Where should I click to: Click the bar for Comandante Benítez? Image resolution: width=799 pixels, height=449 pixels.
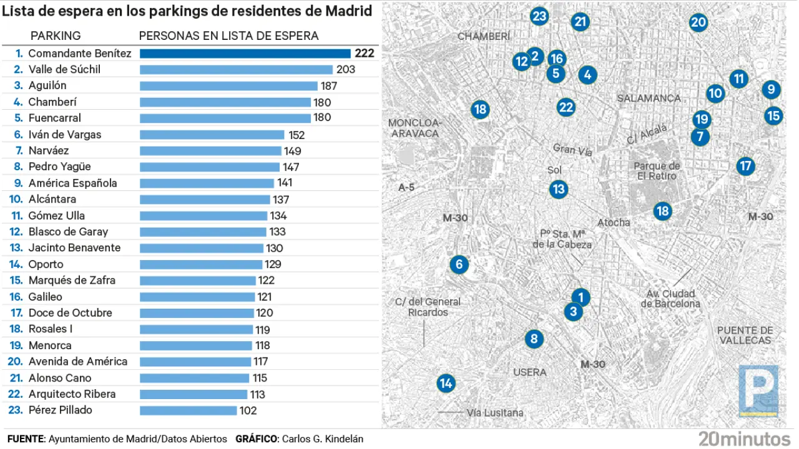[245, 54]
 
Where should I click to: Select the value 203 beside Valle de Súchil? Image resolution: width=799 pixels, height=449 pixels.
[345, 70]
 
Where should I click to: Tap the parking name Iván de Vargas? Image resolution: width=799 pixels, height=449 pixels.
[65, 135]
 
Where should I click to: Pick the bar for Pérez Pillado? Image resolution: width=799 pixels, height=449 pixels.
[189, 410]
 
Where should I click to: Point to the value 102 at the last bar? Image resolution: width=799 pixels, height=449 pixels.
[248, 410]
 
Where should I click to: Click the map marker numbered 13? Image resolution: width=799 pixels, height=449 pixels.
[558, 189]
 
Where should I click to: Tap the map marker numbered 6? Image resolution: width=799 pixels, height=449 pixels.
[459, 264]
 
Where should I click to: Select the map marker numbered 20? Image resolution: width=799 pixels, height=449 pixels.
[698, 23]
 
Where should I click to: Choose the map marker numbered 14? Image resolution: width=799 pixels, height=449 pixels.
[445, 383]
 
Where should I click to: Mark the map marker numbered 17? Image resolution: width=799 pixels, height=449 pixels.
[745, 166]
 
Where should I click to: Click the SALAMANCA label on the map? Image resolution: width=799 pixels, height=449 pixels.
[649, 99]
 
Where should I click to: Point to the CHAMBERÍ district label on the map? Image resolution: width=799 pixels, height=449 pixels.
[484, 37]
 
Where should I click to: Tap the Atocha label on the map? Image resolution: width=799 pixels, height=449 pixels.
[614, 223]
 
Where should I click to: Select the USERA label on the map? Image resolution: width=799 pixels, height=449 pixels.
[529, 372]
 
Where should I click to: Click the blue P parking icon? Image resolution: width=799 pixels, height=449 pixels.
[758, 390]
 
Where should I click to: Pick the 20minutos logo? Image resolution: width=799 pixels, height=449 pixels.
[744, 438]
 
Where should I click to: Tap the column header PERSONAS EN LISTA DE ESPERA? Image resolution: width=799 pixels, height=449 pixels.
[228, 36]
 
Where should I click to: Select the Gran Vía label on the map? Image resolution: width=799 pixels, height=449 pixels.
[572, 149]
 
